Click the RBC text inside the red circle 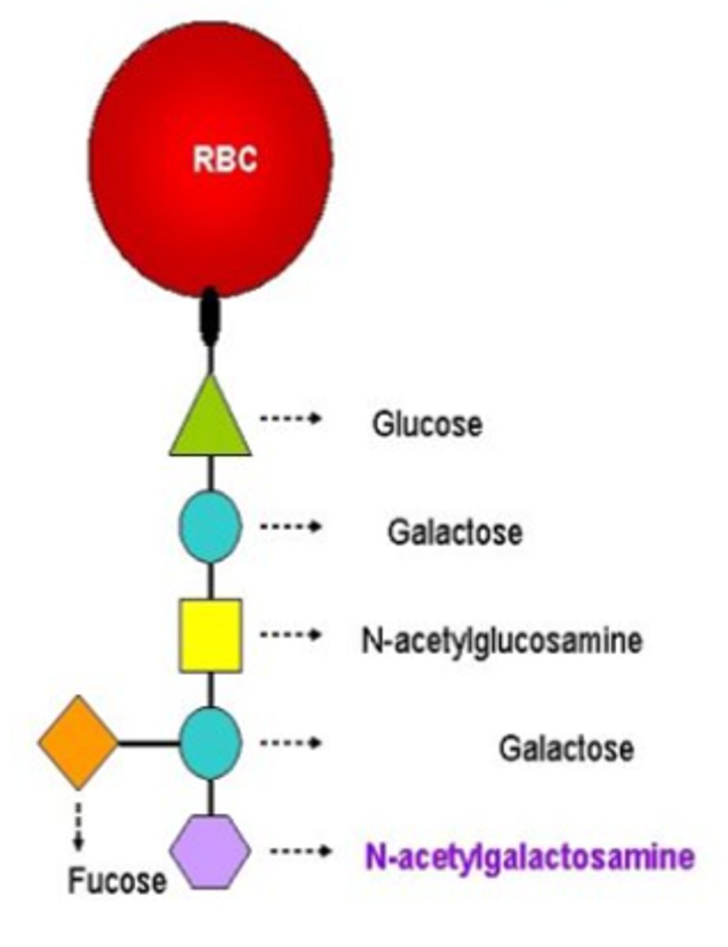[226, 160]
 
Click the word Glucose [427, 425]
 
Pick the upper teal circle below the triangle [211, 526]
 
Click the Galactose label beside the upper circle [454, 533]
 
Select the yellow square [211, 635]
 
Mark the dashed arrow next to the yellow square [289, 634]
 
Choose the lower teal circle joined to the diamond [211, 743]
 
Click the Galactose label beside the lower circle [566, 748]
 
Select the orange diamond [78, 742]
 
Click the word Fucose [117, 880]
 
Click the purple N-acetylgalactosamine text [529, 857]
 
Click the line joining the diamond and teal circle [148, 743]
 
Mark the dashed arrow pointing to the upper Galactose [289, 526]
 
